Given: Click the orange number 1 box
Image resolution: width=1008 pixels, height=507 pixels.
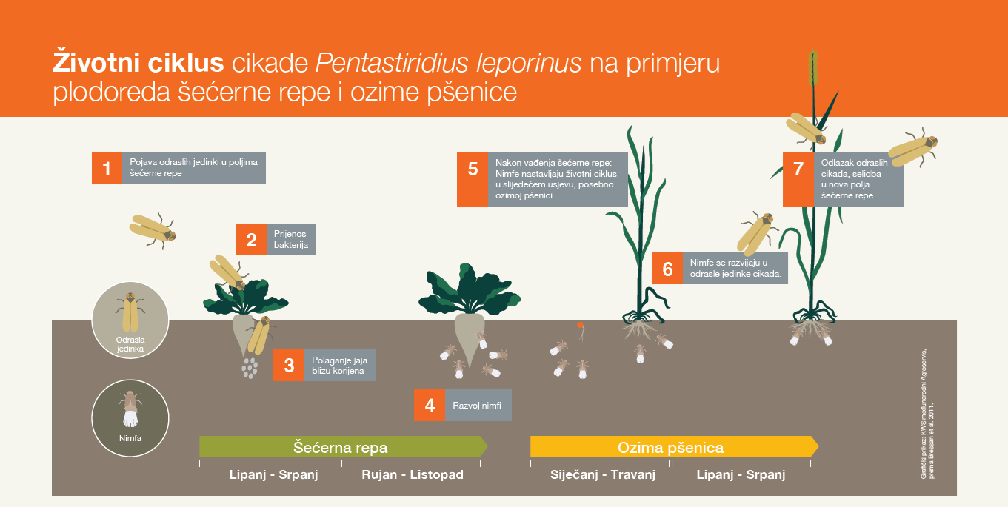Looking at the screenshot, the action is pyautogui.click(x=107, y=168).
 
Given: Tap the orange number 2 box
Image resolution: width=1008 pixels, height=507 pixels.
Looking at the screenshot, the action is pyautogui.click(x=251, y=239).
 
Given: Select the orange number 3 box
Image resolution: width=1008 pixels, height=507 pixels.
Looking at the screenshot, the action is pyautogui.click(x=289, y=366).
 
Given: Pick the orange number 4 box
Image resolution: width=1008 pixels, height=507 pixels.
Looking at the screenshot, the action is pyautogui.click(x=430, y=406).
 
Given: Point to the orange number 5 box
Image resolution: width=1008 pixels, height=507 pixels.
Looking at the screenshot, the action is pyautogui.click(x=473, y=179).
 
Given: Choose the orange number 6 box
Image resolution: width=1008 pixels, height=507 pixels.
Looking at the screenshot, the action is pyautogui.click(x=667, y=269).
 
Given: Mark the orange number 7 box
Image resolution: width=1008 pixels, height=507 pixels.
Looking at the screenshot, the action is pyautogui.click(x=798, y=179).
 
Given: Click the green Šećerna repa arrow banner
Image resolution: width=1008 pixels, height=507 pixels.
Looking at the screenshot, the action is pyautogui.click(x=344, y=447).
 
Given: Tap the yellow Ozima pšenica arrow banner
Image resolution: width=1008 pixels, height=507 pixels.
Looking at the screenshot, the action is pyautogui.click(x=675, y=447).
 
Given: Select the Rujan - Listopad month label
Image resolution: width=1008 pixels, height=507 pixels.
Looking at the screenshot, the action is pyautogui.click(x=413, y=474).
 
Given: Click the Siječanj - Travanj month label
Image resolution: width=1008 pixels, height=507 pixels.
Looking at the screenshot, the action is pyautogui.click(x=603, y=474).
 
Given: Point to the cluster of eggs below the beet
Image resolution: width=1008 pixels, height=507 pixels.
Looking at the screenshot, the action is pyautogui.click(x=250, y=368).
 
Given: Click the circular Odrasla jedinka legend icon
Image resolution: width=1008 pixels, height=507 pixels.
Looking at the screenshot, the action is pyautogui.click(x=130, y=320).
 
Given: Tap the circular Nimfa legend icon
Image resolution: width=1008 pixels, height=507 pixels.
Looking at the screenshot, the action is pyautogui.click(x=130, y=418).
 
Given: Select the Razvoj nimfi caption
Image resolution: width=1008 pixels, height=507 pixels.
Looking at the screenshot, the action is pyautogui.click(x=476, y=406).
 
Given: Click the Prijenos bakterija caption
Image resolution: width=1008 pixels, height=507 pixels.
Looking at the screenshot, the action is pyautogui.click(x=291, y=239).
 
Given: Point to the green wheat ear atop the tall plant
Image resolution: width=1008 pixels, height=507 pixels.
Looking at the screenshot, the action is pyautogui.click(x=812, y=67).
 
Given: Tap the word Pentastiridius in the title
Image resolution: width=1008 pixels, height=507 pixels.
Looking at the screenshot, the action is pyautogui.click(x=392, y=62).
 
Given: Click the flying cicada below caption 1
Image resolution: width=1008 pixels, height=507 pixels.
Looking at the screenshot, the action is pyautogui.click(x=153, y=231).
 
